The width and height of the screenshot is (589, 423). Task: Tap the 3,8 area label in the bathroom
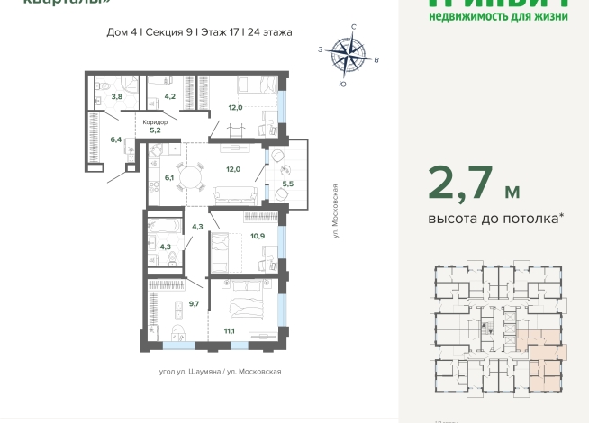[x=116, y=95]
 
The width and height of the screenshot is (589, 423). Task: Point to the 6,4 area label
[x=116, y=139]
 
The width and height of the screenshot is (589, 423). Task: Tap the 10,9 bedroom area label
[x=257, y=236]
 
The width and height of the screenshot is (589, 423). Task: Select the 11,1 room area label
[x=229, y=331]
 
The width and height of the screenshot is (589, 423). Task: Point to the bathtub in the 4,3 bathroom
[x=166, y=226]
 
